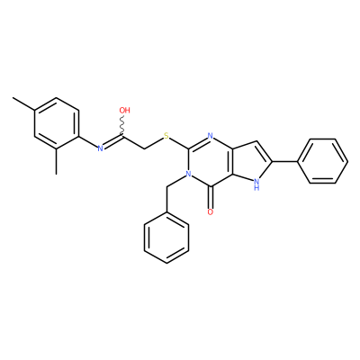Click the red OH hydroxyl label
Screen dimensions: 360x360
[x=124, y=110]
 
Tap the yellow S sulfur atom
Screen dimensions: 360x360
[x=166, y=137]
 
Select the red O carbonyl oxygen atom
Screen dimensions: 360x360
[x=211, y=211]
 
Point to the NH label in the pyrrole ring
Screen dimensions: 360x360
[x=256, y=184]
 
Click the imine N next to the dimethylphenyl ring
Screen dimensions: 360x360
[x=101, y=148]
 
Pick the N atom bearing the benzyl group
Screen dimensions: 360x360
[x=188, y=174]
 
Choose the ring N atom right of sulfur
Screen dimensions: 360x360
[x=211, y=136]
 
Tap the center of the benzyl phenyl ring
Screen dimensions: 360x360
[x=166, y=238]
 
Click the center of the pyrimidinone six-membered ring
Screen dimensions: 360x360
[x=211, y=161]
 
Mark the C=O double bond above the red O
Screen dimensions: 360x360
[x=211, y=197]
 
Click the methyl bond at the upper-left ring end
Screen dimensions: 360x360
[x=23, y=103]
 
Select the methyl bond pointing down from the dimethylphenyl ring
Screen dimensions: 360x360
[x=57, y=161]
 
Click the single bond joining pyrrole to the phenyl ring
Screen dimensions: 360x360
[x=284, y=161]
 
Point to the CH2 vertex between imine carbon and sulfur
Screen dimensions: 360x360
[x=145, y=149]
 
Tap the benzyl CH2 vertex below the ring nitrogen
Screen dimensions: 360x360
[x=166, y=187]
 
